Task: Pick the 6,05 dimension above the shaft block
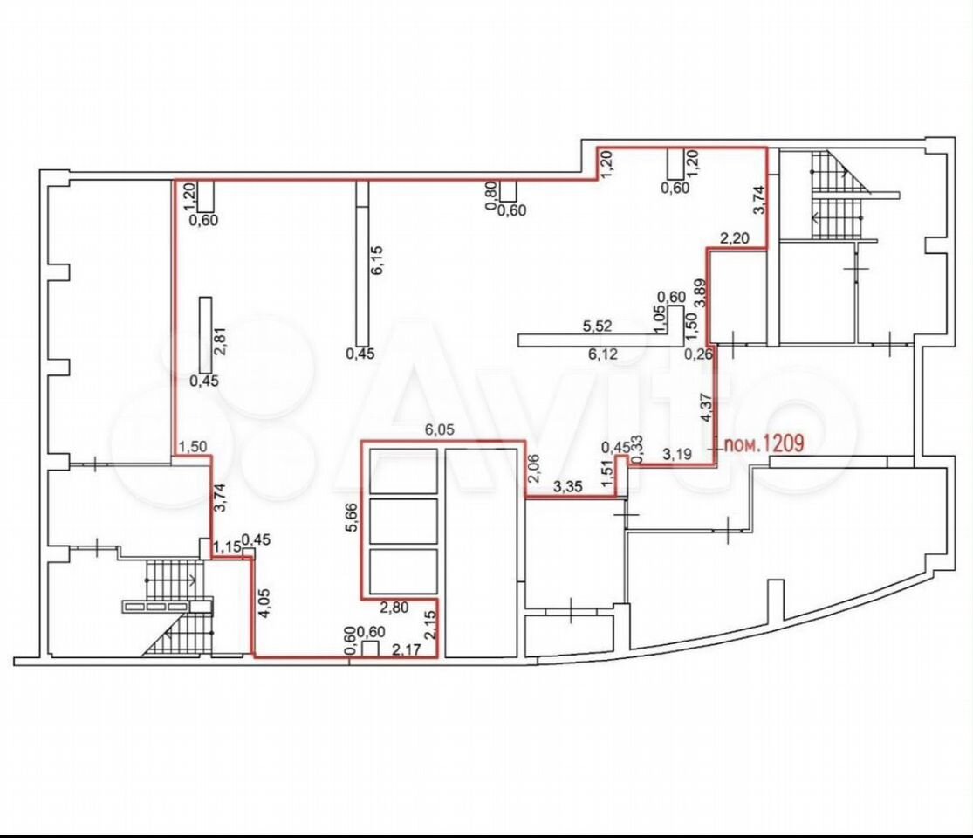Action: [x=439, y=429]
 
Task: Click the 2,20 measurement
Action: [x=735, y=237]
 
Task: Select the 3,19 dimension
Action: [x=678, y=454]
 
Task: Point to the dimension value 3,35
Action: [x=568, y=487]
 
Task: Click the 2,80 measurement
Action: [x=394, y=608]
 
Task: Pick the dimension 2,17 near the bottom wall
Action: [x=407, y=649]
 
